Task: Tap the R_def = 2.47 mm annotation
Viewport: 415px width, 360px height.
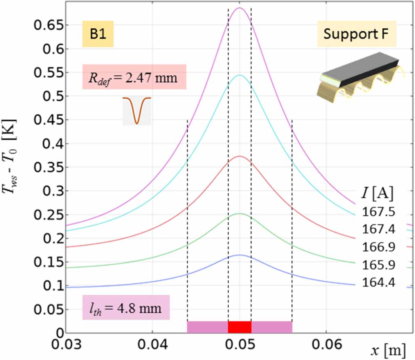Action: click(x=134, y=76)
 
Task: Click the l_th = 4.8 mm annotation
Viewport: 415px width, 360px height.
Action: click(x=126, y=309)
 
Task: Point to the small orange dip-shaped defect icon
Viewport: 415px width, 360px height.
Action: click(x=137, y=110)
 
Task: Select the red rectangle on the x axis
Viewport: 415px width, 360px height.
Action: click(x=240, y=327)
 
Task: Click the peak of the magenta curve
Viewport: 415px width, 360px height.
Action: click(x=239, y=8)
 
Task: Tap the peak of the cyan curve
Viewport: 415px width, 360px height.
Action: click(x=239, y=75)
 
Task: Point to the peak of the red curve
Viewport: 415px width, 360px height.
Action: click(x=239, y=156)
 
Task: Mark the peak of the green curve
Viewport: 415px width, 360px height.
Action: click(x=239, y=214)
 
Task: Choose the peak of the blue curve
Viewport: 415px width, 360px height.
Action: click(x=239, y=255)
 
